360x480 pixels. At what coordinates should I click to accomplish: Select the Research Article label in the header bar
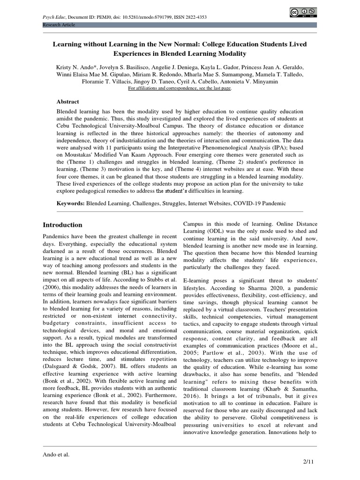59,24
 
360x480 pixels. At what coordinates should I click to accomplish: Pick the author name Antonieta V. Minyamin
259,82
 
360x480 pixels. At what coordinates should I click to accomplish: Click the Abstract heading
68,102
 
